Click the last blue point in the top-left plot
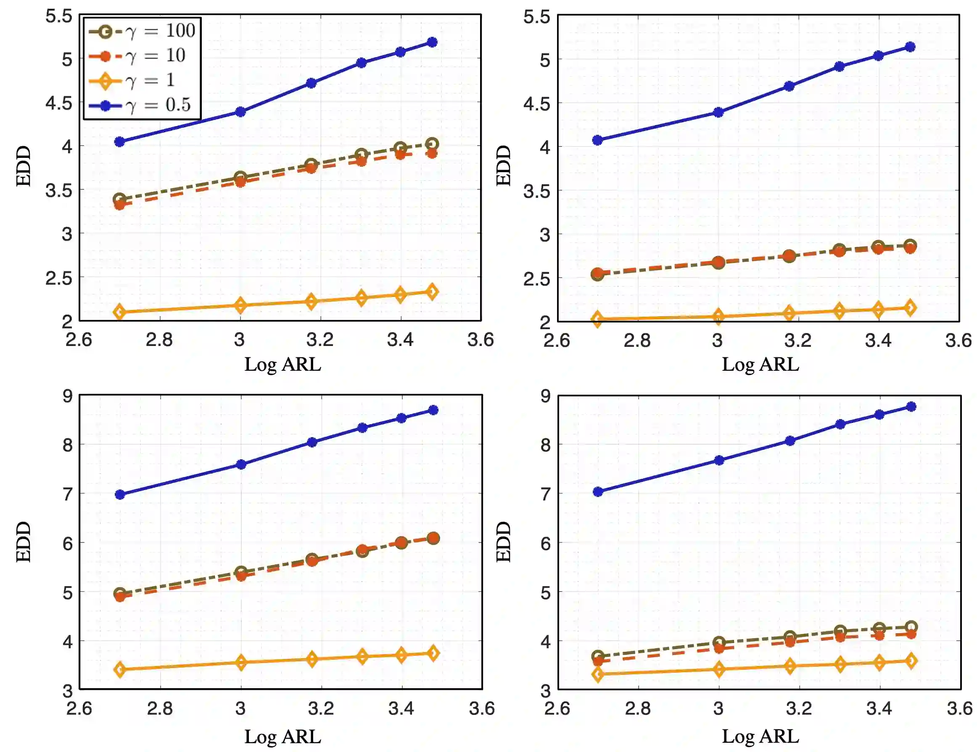click(432, 42)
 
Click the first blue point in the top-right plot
click(597, 140)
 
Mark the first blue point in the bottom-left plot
click(120, 495)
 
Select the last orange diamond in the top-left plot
click(432, 292)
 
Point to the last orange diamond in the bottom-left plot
click(433, 653)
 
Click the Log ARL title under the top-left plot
click(283, 364)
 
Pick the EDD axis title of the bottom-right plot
click(503, 542)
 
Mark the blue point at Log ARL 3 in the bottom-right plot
click(719, 460)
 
